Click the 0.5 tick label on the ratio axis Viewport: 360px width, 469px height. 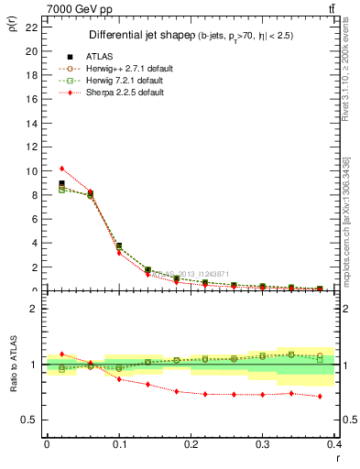pyautogui.click(x=29, y=420)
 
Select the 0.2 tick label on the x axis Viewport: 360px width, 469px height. pyautogui.click(x=191, y=445)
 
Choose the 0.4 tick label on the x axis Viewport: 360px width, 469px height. pyautogui.click(x=333, y=445)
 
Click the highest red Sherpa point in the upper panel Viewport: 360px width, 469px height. pyautogui.click(x=61, y=169)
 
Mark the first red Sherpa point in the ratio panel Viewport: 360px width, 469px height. pyautogui.click(x=61, y=354)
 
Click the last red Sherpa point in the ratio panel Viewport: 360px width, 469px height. pyautogui.click(x=320, y=396)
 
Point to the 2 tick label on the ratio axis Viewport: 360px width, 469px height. pyautogui.click(x=34, y=309)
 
